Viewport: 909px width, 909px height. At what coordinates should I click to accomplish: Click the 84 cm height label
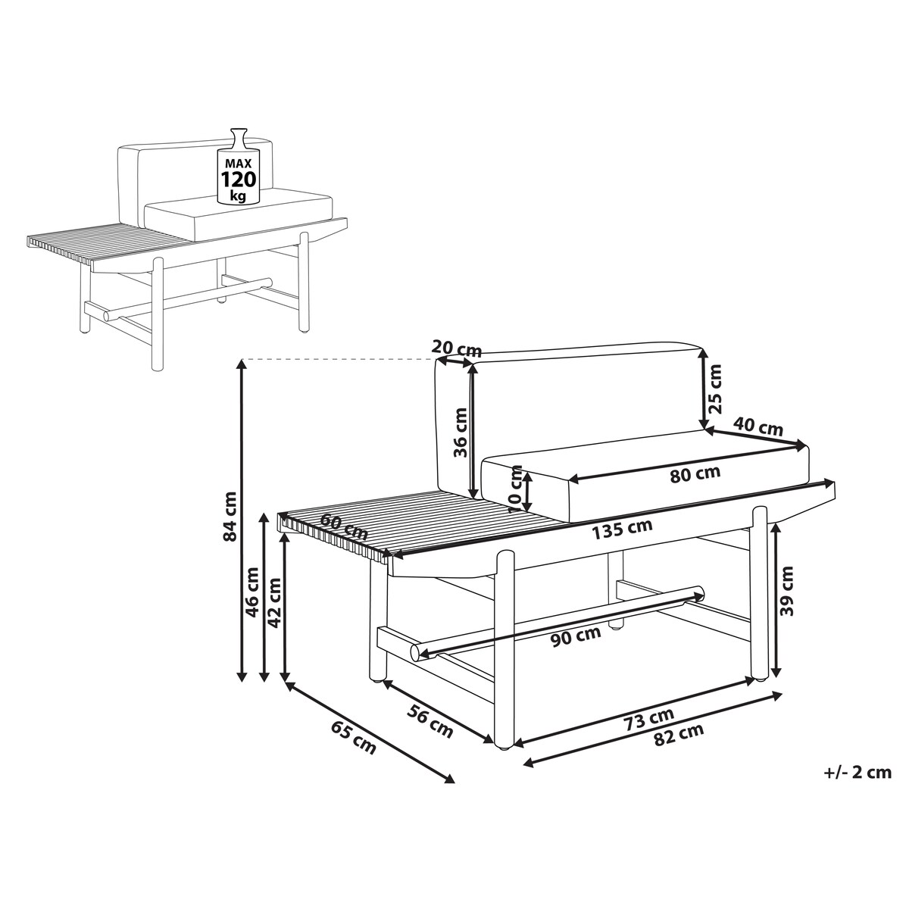pos(231,517)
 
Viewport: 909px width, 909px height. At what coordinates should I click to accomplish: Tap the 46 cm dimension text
pos(253,592)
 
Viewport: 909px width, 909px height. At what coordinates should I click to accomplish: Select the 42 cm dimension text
pos(274,602)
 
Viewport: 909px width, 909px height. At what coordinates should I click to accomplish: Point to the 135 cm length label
pos(622,529)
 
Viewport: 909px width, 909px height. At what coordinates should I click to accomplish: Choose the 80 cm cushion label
pos(695,474)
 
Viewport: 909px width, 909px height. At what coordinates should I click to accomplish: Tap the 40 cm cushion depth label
pos(758,426)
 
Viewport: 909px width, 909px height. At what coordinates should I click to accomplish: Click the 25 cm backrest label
pos(716,389)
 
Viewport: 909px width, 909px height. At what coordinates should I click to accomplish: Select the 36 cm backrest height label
pos(460,432)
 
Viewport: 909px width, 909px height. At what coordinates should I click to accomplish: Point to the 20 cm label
pos(457,348)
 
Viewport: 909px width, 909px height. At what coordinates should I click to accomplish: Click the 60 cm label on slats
pos(344,526)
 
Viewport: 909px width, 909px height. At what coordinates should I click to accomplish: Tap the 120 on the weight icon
pos(239,180)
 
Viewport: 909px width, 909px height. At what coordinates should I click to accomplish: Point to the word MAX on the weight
pos(239,164)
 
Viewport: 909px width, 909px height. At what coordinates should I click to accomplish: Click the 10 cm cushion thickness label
pos(516,489)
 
